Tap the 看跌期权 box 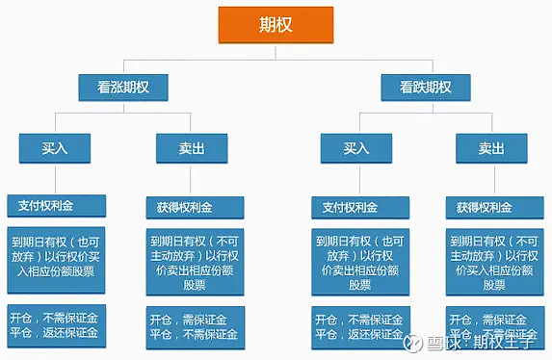coord(425,88)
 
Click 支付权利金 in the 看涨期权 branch coord(46,206)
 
